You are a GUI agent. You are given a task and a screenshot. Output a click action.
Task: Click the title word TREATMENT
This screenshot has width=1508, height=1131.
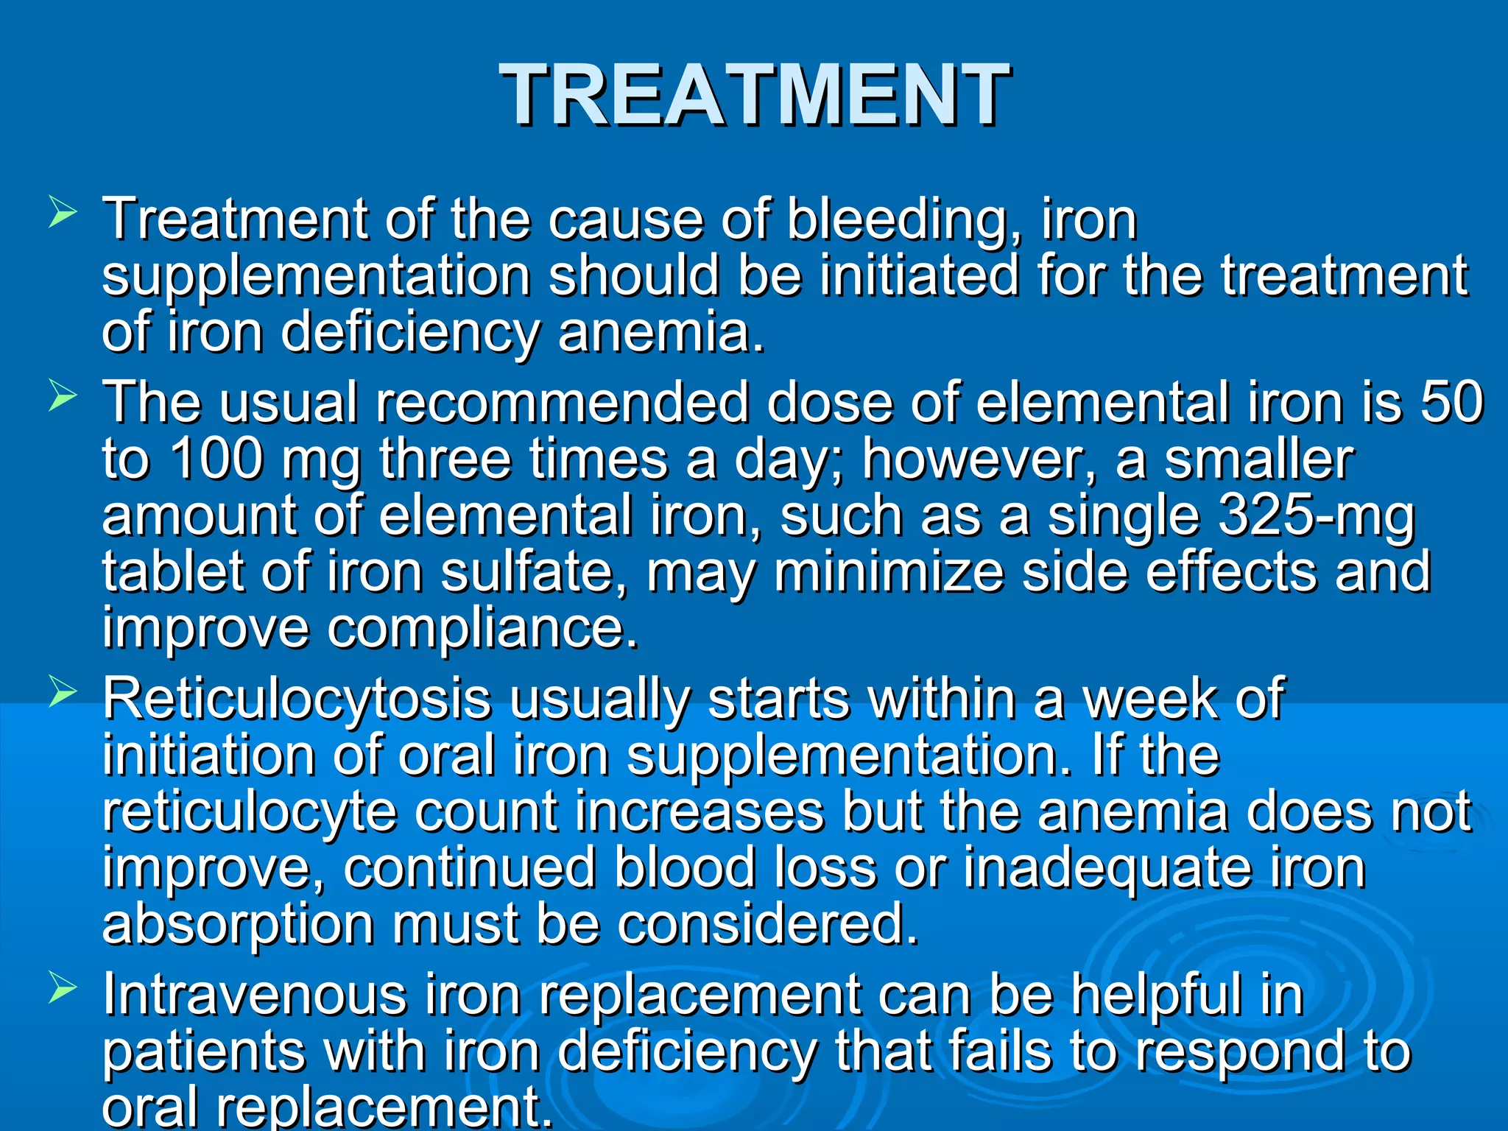(753, 94)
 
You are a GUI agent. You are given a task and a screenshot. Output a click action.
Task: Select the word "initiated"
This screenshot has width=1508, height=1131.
(919, 275)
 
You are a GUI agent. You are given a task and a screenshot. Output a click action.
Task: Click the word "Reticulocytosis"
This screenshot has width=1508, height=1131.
(297, 698)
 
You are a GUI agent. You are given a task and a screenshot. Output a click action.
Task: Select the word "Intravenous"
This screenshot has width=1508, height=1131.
(254, 994)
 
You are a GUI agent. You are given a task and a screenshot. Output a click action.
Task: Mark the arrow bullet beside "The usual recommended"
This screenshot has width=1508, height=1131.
(63, 395)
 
